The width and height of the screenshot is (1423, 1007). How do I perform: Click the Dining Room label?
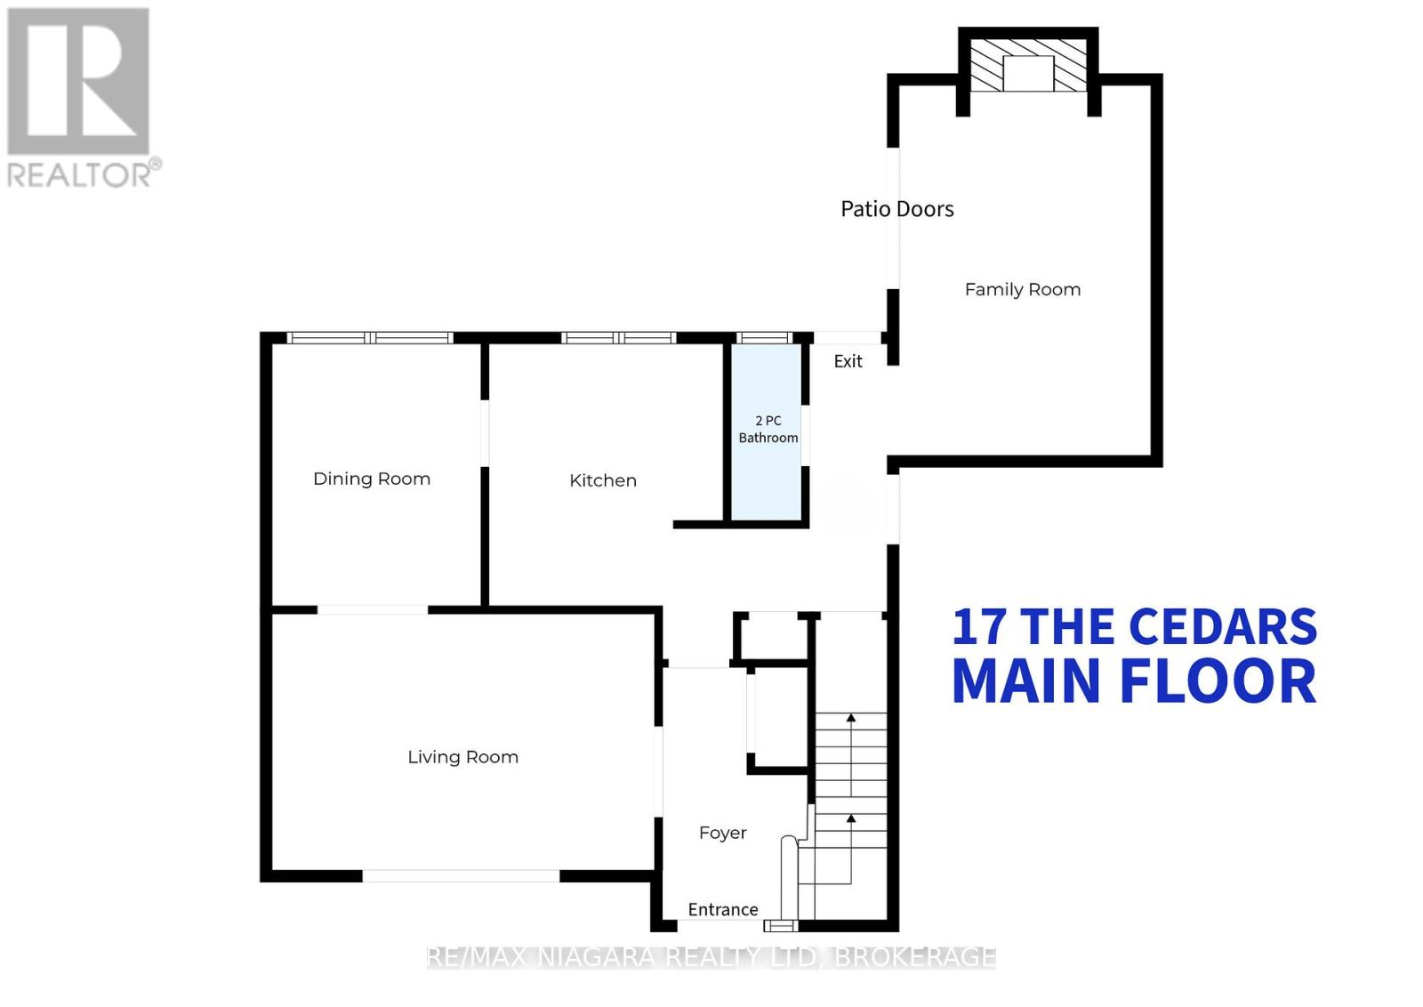[372, 479]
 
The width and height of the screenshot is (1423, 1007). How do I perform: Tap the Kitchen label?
[603, 480]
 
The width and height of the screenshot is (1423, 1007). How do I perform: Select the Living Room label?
[462, 757]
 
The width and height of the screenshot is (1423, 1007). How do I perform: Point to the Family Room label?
[1023, 289]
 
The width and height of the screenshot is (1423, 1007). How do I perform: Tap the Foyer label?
[722, 833]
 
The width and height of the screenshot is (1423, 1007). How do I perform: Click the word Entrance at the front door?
[723, 909]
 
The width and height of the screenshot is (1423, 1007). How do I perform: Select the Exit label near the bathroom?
[848, 361]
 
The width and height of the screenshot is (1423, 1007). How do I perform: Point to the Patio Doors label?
[897, 209]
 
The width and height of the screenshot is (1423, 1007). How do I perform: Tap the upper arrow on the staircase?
[851, 718]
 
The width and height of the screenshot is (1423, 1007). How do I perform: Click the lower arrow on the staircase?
[851, 818]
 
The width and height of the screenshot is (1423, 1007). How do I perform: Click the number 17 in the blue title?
[978, 627]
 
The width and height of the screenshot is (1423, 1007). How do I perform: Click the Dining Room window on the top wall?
[370, 338]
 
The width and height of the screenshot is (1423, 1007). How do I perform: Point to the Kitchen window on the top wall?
[619, 338]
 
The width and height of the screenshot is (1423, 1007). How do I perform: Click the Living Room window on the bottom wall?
[461, 876]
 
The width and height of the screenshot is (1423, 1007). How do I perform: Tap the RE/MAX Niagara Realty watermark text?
[711, 957]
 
